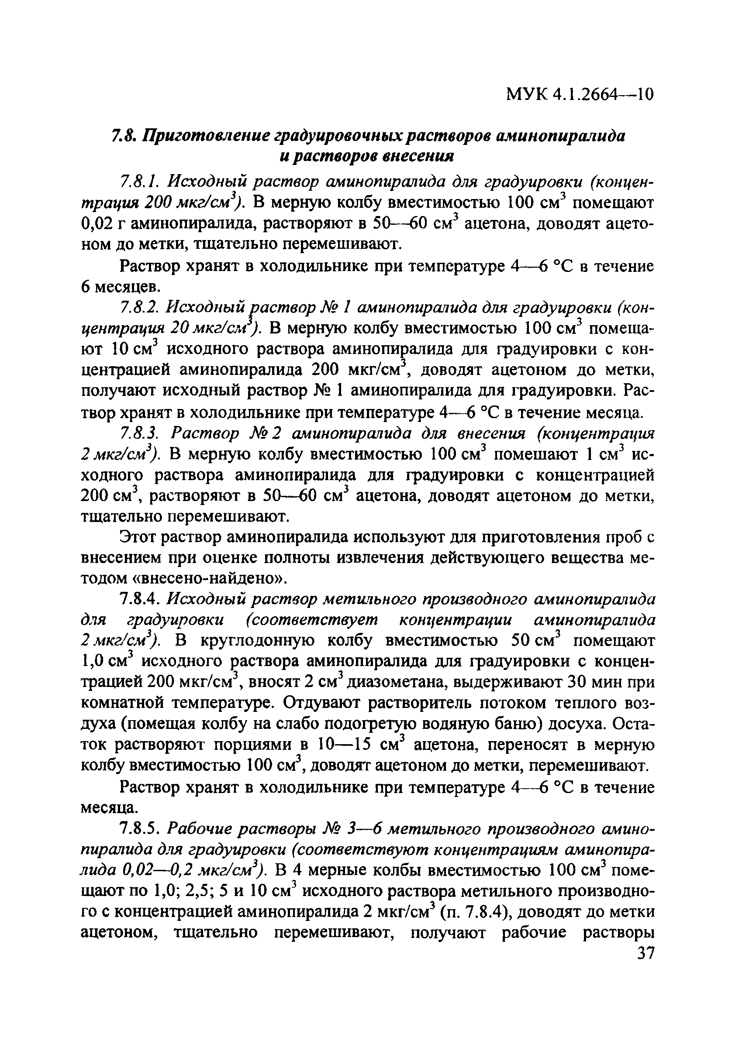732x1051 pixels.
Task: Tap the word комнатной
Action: click(x=122, y=703)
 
